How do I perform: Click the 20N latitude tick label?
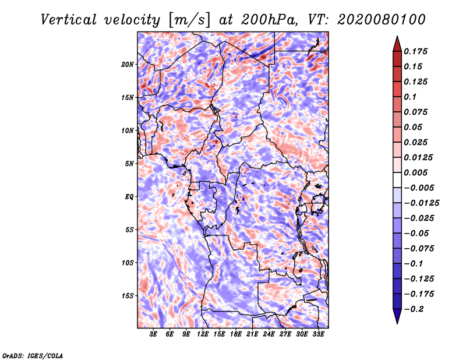tap(128, 64)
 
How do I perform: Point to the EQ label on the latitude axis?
tap(129, 197)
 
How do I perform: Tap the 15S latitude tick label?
tap(128, 296)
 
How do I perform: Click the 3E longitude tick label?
tap(154, 334)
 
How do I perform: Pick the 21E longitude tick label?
tap(252, 334)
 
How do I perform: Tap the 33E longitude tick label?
tap(318, 334)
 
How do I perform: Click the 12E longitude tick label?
tap(203, 334)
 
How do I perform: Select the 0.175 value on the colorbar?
tap(416, 51)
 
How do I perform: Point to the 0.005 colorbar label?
tap(416, 172)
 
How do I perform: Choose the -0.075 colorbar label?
tap(419, 248)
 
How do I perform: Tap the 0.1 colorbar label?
tap(410, 97)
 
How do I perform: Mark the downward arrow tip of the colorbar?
tap(396, 322)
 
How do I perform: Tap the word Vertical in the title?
tap(69, 19)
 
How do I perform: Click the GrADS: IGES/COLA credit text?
tap(32, 355)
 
